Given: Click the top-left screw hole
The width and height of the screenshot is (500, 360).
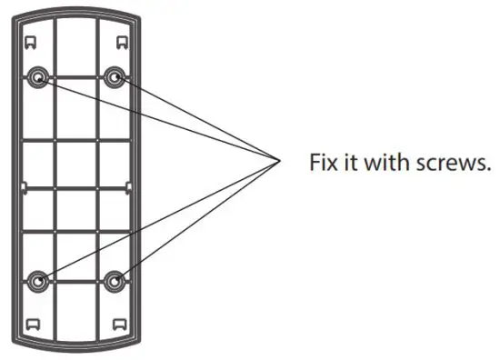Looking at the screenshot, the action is pos(38,78).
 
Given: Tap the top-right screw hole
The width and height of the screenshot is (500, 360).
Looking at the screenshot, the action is pos(115,78).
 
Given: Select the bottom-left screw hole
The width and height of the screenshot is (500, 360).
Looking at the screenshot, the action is pos(38,281).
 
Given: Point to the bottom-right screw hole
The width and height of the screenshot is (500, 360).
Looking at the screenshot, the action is pos(115,281).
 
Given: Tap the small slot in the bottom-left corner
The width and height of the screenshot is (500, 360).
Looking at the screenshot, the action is pos(31,323).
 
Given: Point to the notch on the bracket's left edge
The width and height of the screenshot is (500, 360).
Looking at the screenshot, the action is pos(22,188).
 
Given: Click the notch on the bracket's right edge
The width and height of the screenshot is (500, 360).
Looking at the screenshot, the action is pos(131,188).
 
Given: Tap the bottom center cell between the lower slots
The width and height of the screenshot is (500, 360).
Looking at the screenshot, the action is pos(76,323).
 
